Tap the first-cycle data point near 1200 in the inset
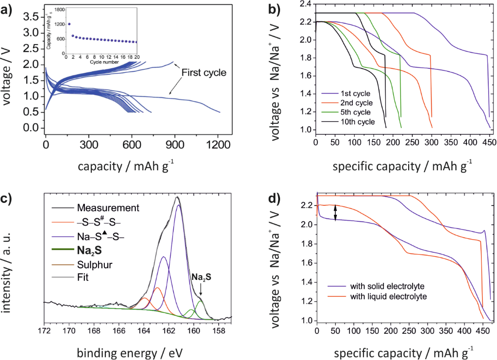coord(69,24)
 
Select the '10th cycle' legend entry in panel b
coord(355,122)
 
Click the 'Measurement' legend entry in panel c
coord(108,208)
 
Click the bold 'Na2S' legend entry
coord(89,252)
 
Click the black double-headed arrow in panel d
coord(335,213)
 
